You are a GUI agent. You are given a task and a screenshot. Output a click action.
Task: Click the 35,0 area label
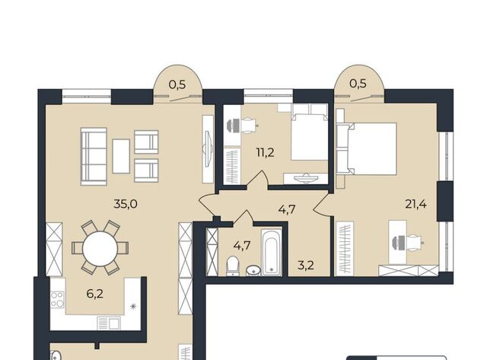126,204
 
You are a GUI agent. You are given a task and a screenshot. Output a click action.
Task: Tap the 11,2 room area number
266,152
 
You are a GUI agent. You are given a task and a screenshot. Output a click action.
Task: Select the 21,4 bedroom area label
415,204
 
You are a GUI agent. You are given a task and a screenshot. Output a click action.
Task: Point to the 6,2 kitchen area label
94,294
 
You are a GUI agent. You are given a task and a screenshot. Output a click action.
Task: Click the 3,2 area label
306,266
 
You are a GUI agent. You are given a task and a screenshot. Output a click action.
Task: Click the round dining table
100,248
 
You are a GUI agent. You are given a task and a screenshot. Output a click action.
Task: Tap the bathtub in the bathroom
272,252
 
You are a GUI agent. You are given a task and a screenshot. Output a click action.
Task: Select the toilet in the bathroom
232,266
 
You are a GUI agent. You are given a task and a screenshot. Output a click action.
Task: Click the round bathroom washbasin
254,270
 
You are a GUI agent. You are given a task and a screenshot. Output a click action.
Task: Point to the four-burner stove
58,299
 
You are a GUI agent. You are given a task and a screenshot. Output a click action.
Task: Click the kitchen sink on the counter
108,323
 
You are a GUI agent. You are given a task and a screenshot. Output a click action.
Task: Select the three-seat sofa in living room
94,157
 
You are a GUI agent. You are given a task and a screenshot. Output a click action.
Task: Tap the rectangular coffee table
121,156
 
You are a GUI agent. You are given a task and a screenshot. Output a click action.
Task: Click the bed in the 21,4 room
367,148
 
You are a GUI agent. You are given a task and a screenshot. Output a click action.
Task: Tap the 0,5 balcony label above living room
177,84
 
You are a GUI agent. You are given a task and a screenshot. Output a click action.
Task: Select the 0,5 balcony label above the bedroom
358,83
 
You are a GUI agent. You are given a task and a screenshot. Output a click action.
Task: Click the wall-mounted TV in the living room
208,149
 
